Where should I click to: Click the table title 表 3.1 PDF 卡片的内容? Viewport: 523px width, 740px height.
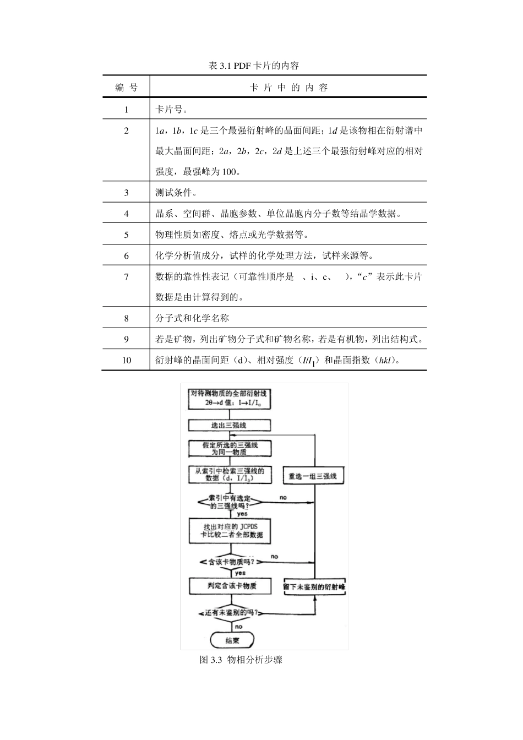coord(254,66)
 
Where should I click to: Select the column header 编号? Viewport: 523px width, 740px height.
coord(126,88)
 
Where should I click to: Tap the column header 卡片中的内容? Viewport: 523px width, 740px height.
coord(288,88)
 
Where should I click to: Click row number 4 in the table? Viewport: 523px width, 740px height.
coord(126,214)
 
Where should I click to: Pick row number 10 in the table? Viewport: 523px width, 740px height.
coord(126,360)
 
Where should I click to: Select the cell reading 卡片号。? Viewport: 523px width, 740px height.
coord(172,110)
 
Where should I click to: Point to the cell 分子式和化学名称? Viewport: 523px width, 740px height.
coord(192,318)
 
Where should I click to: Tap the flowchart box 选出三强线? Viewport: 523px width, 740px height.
coord(230,425)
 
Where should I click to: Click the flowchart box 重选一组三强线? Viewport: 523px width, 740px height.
coord(313,476)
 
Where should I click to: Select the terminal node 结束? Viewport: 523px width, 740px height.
coord(232,640)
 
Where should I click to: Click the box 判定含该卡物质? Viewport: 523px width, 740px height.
coord(231,586)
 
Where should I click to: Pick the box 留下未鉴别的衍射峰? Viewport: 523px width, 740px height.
coord(314,587)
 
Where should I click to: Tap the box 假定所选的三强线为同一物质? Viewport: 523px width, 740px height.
coord(230,448)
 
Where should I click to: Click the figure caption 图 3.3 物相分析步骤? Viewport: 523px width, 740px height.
coord(241,660)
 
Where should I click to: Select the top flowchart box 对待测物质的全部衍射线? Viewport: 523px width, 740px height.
coord(229,398)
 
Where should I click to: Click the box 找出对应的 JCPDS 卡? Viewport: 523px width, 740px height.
coord(230,530)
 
